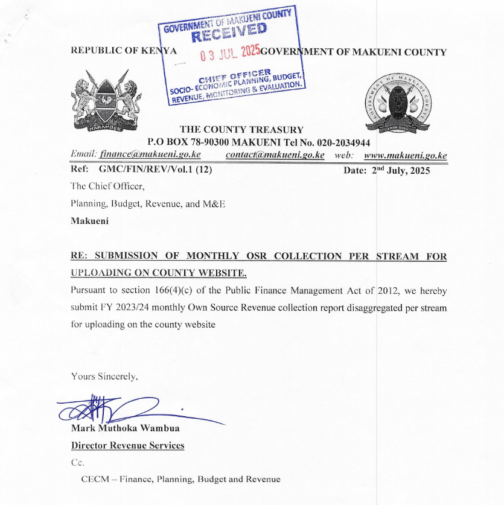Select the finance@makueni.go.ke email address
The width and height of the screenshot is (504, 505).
point(150,155)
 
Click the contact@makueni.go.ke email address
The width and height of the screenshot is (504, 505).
point(275,155)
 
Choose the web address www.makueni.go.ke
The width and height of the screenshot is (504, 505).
point(406,156)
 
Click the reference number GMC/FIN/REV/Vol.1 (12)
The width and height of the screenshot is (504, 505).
point(155,170)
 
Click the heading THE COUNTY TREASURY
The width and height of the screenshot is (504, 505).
point(241,129)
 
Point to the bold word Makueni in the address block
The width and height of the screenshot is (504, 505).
point(90,221)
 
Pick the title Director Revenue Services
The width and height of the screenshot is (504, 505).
point(127,446)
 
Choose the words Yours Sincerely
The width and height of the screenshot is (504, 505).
point(104,376)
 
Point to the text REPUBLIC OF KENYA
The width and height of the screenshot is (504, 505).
point(124,51)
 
